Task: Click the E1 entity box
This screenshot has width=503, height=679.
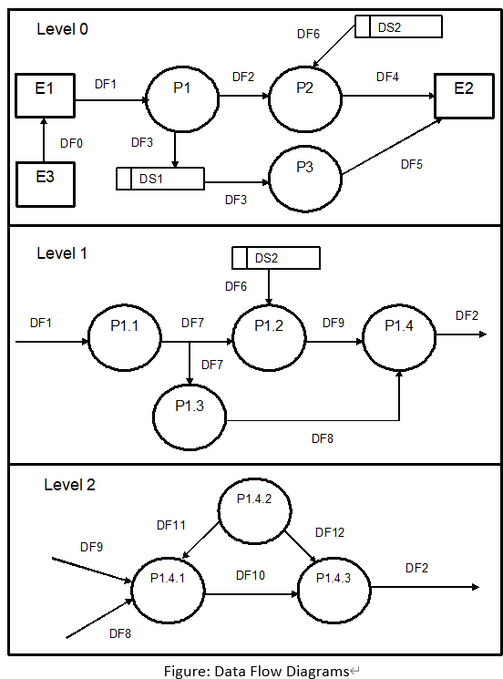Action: pyautogui.click(x=45, y=94)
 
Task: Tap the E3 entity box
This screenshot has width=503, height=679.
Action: pyautogui.click(x=45, y=178)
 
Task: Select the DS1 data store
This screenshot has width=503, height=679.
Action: pyautogui.click(x=159, y=179)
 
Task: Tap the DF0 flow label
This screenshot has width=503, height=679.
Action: pyautogui.click(x=72, y=143)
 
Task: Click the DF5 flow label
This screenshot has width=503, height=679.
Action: pyautogui.click(x=413, y=164)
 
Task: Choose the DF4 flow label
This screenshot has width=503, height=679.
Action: pyautogui.click(x=388, y=77)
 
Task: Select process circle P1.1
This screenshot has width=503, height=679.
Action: pyautogui.click(x=124, y=341)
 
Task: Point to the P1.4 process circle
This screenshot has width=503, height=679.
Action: pyautogui.click(x=399, y=339)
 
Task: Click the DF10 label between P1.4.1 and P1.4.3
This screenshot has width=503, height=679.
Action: pyautogui.click(x=251, y=575)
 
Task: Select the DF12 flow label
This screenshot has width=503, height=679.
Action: pyautogui.click(x=330, y=532)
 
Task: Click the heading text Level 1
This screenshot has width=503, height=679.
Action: pyautogui.click(x=62, y=253)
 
